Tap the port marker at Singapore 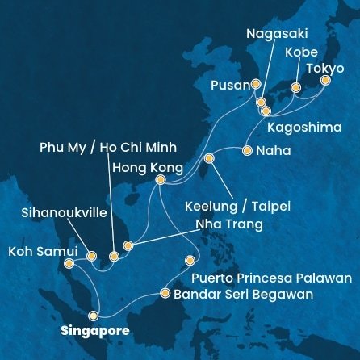[95, 316]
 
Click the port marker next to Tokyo [326, 81]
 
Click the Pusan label [230, 85]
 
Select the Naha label [273, 150]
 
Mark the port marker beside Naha [247, 150]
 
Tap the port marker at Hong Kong [161, 180]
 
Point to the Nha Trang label [228, 224]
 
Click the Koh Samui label [42, 251]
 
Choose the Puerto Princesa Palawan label [271, 278]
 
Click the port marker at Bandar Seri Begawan [165, 294]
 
